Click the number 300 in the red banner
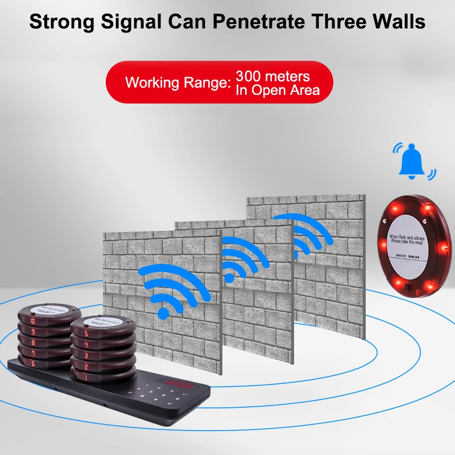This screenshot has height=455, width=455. coord(250,76)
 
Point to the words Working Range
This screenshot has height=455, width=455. coord(176,82)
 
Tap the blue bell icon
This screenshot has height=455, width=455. coord(412,162)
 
